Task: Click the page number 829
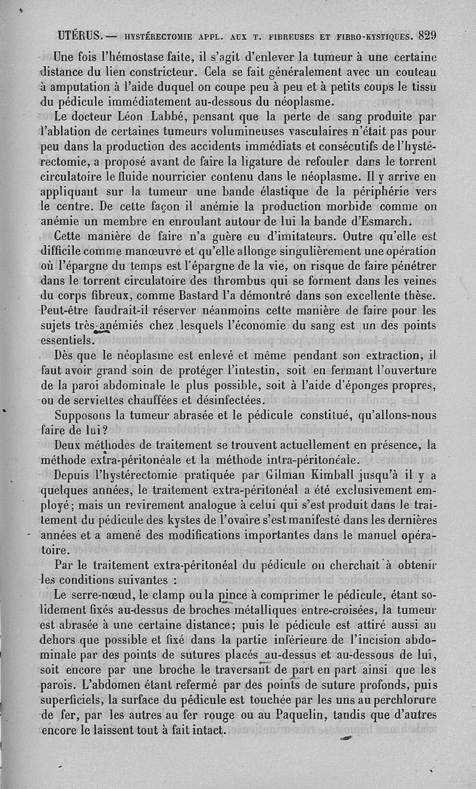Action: pyautogui.click(x=427, y=35)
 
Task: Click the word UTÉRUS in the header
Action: pyautogui.click(x=81, y=35)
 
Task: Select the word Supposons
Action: pyautogui.click(x=88, y=416)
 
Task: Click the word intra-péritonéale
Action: pyautogui.click(x=328, y=460)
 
